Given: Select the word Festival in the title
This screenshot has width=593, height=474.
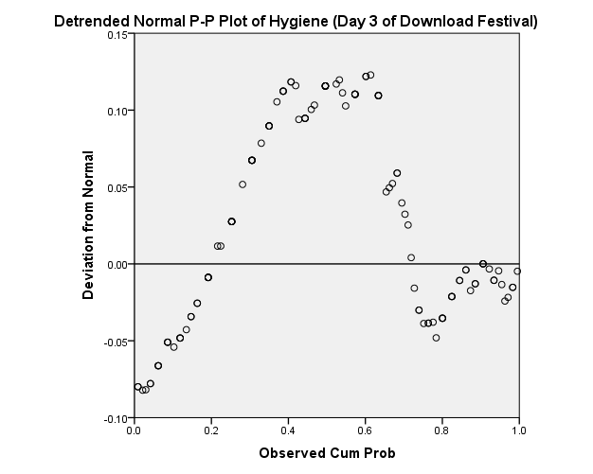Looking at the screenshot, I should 498,20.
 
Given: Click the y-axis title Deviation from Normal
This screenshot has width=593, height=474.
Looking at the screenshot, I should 88,225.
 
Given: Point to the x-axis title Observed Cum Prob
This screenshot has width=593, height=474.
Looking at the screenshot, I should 327,453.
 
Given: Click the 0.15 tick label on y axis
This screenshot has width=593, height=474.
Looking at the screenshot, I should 117,35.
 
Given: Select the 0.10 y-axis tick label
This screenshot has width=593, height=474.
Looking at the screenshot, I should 117,112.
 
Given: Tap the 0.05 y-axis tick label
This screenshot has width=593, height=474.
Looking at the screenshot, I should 117,188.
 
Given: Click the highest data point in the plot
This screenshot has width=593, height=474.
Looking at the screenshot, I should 370,75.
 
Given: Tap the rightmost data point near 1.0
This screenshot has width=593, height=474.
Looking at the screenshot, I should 517,271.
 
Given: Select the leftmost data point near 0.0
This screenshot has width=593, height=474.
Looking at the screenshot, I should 137,386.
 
